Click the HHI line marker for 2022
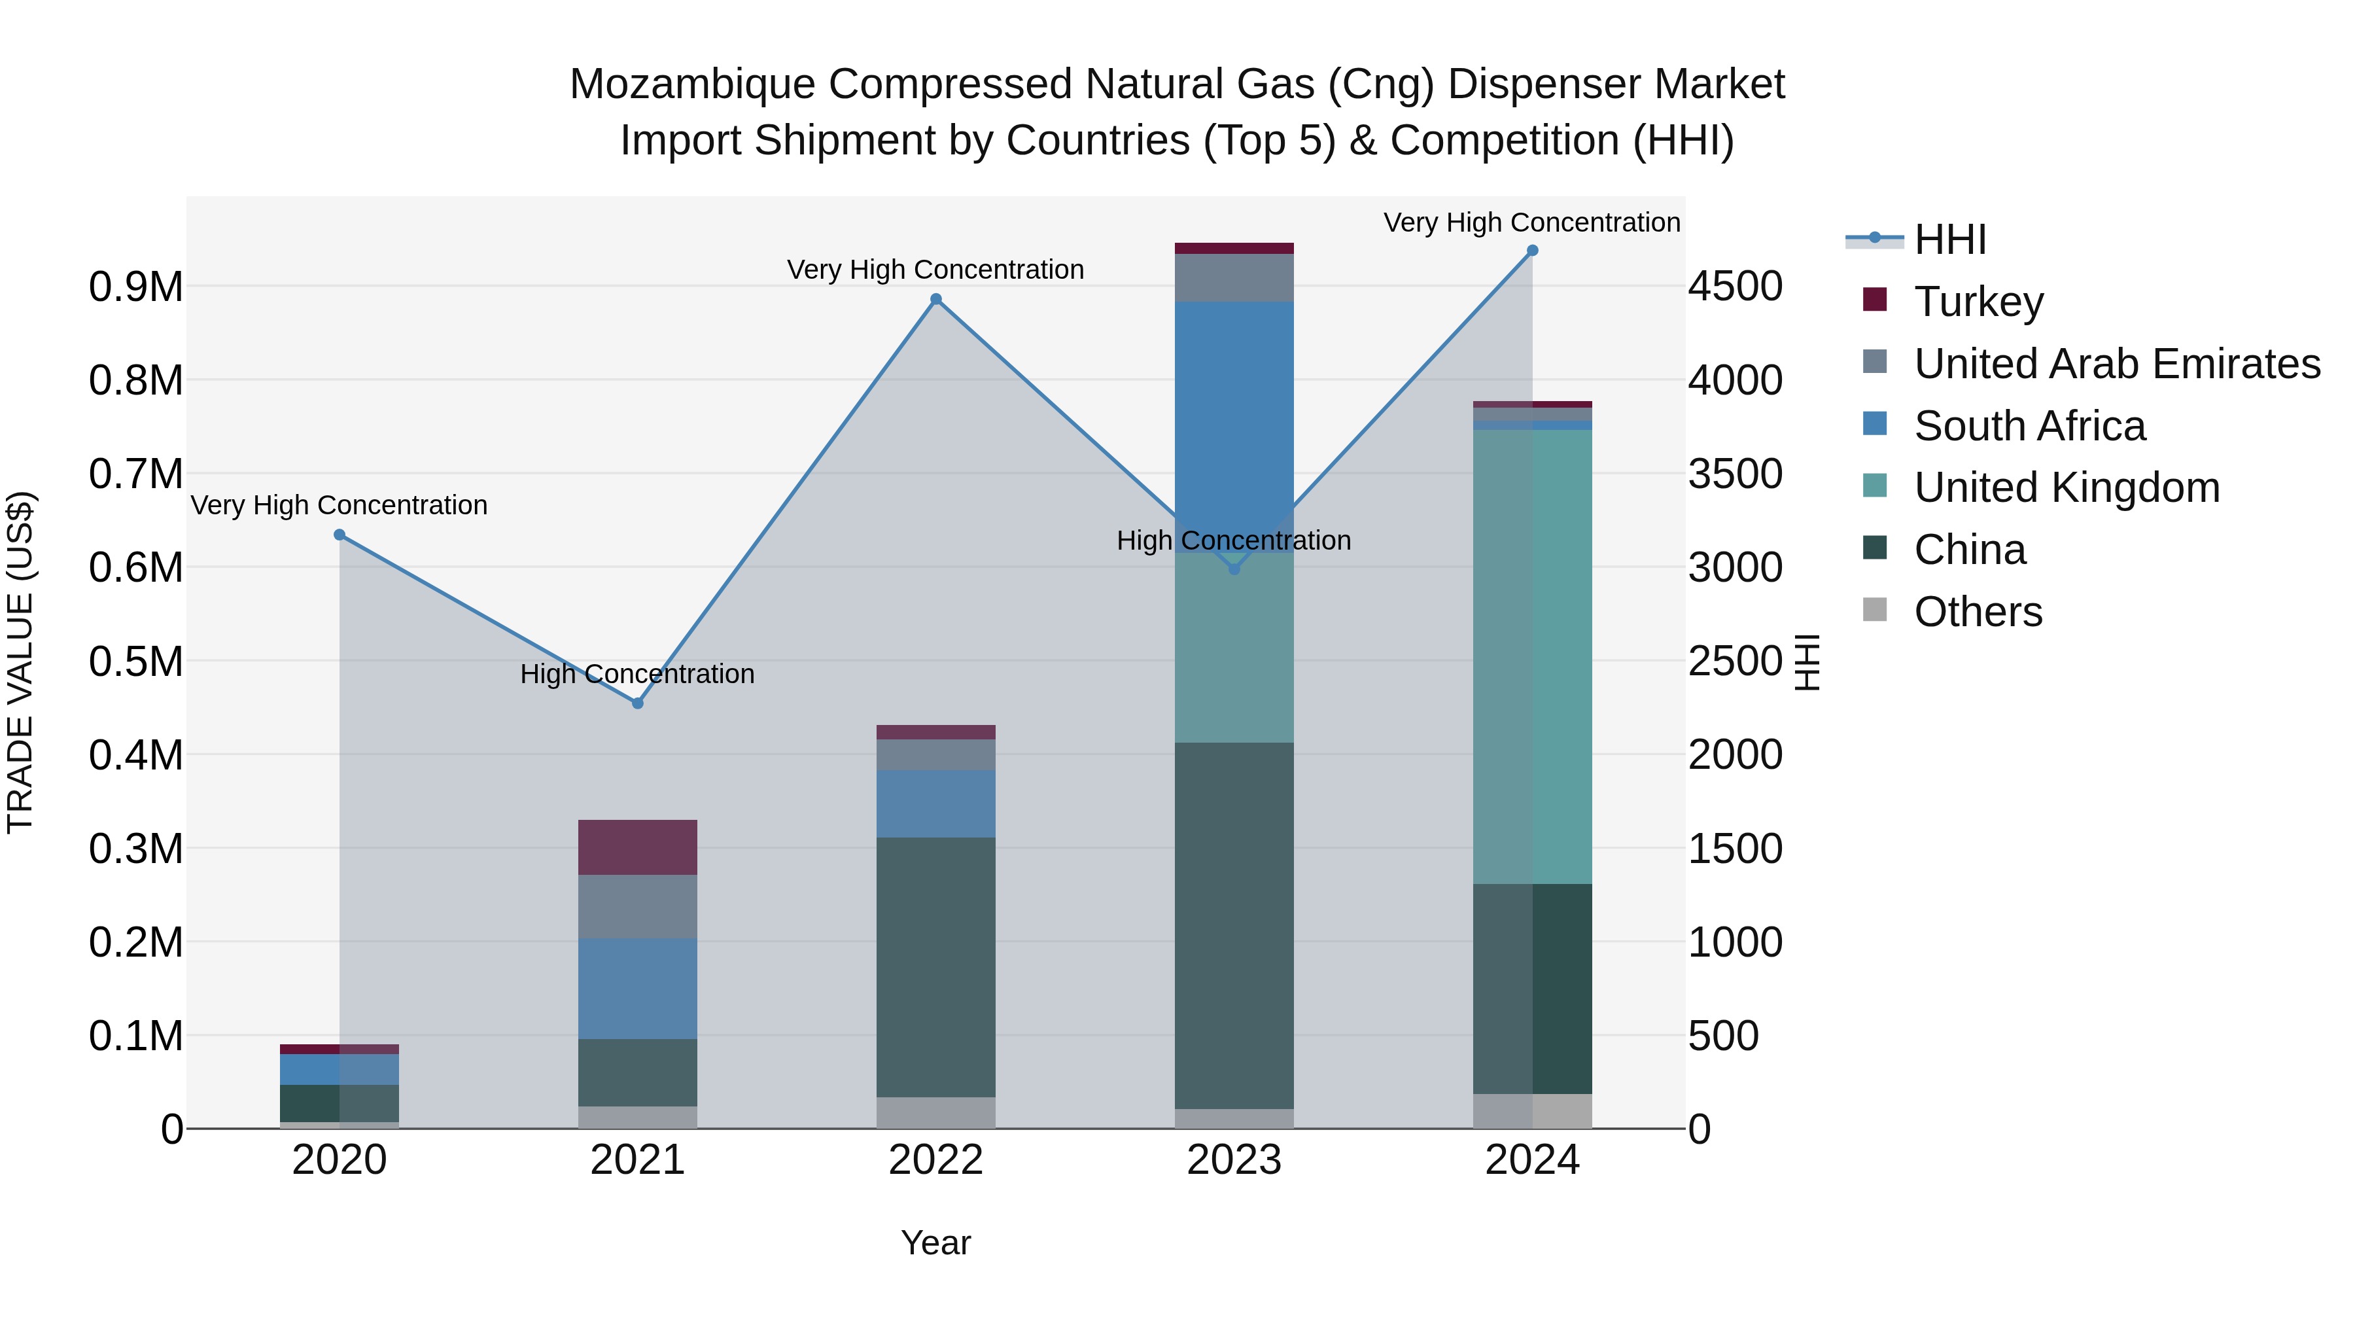point(935,299)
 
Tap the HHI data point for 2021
point(638,703)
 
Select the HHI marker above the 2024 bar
point(1532,251)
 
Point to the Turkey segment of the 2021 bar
point(638,847)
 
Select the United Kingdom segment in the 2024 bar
point(1532,656)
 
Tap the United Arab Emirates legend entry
point(2116,364)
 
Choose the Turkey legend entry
point(1978,302)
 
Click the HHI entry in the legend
point(1949,239)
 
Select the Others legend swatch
point(1874,610)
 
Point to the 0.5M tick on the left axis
point(135,661)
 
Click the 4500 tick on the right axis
point(1734,286)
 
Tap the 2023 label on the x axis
point(1234,1160)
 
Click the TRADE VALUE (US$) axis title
point(20,661)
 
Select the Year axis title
point(935,1243)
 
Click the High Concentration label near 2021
point(637,674)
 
